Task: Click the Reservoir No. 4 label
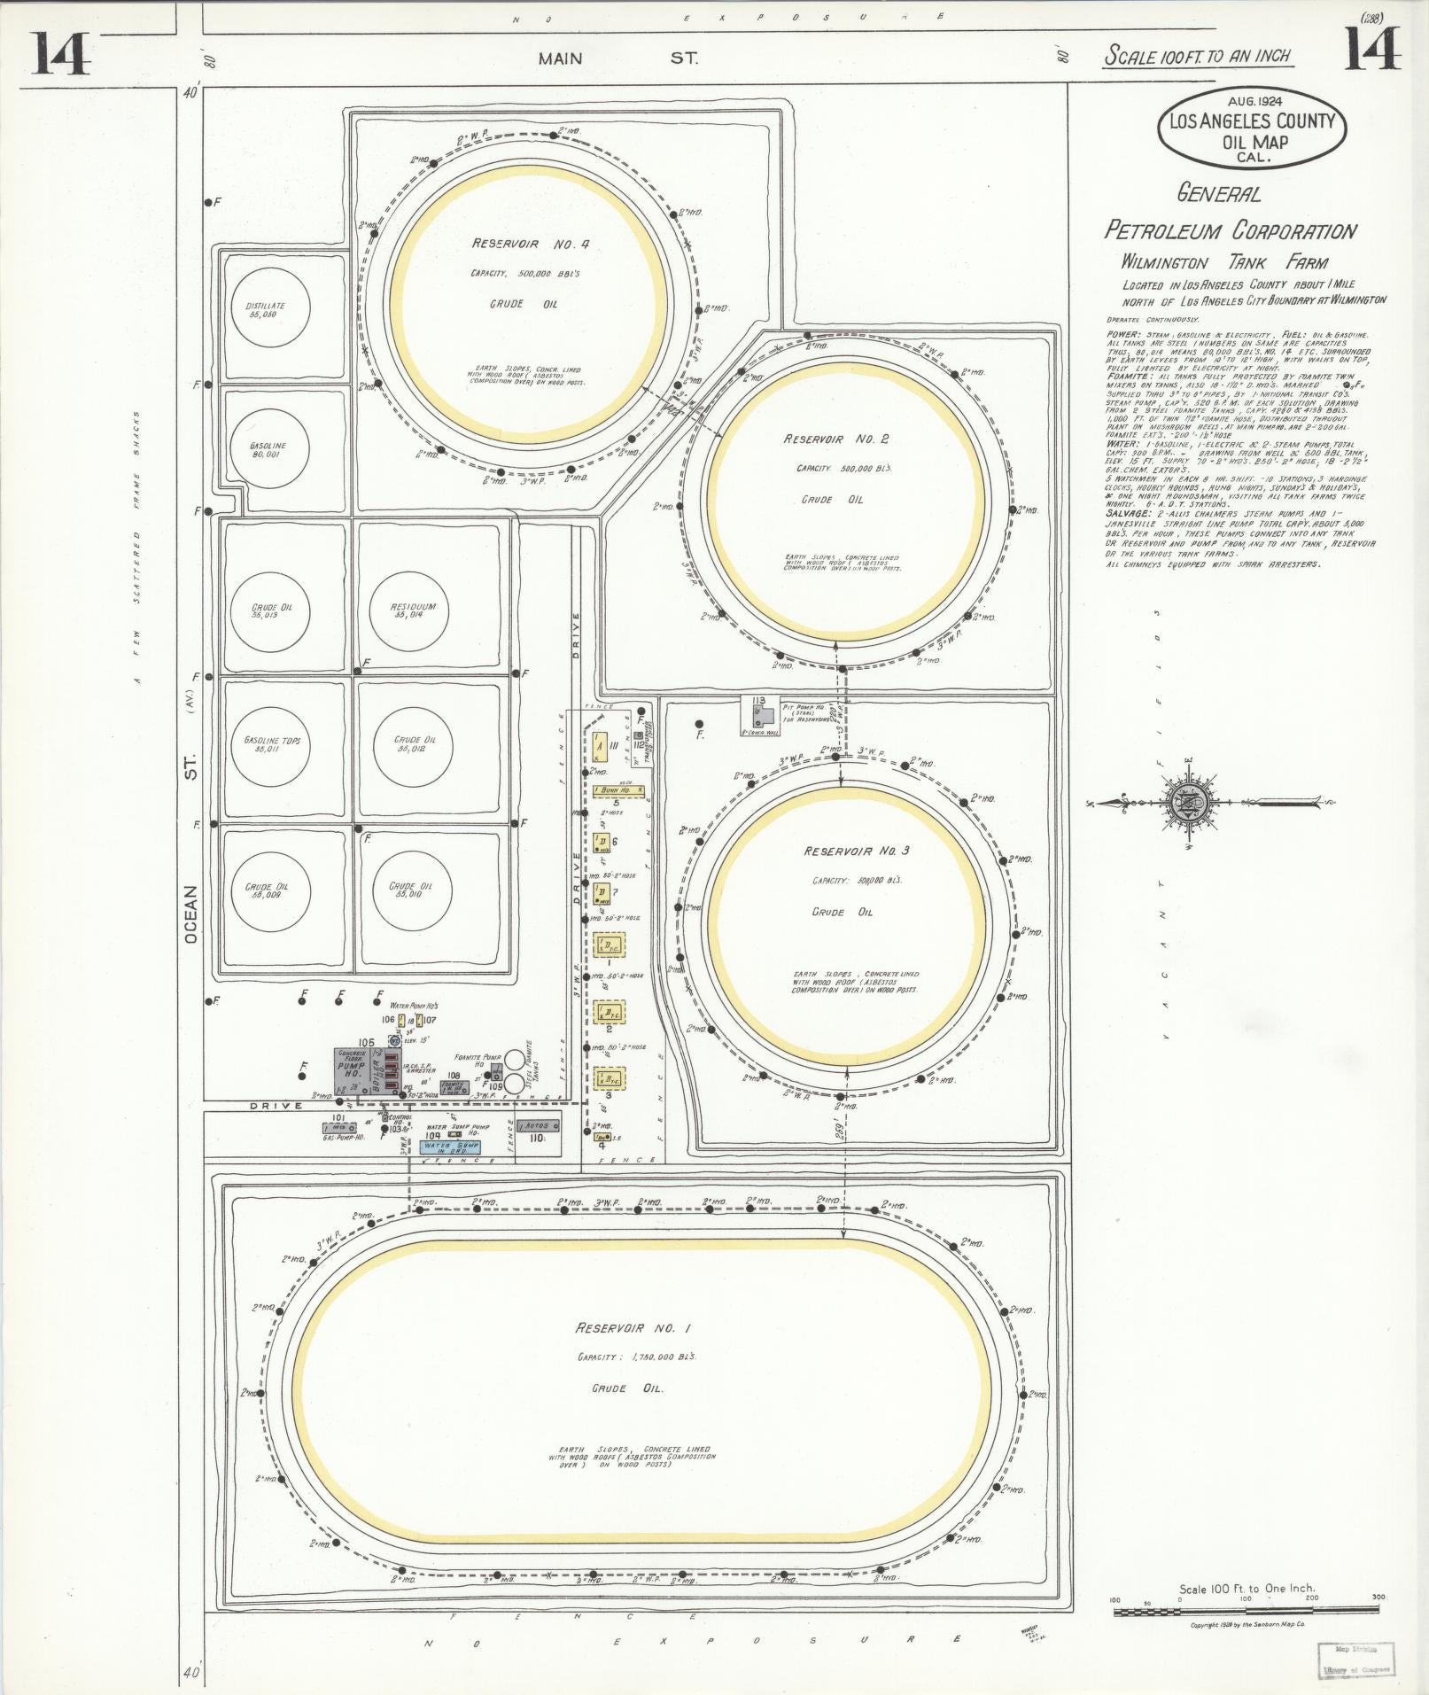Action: tap(530, 244)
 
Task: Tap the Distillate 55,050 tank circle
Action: tap(266, 310)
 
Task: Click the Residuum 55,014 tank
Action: tap(408, 610)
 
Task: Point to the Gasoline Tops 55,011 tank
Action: tap(267, 744)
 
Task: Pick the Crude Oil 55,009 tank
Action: tap(267, 891)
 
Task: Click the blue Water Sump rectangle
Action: tap(450, 1146)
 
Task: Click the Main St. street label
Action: tap(617, 58)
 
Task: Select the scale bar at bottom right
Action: tap(1247, 1610)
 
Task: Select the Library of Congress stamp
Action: tap(1356, 1659)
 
